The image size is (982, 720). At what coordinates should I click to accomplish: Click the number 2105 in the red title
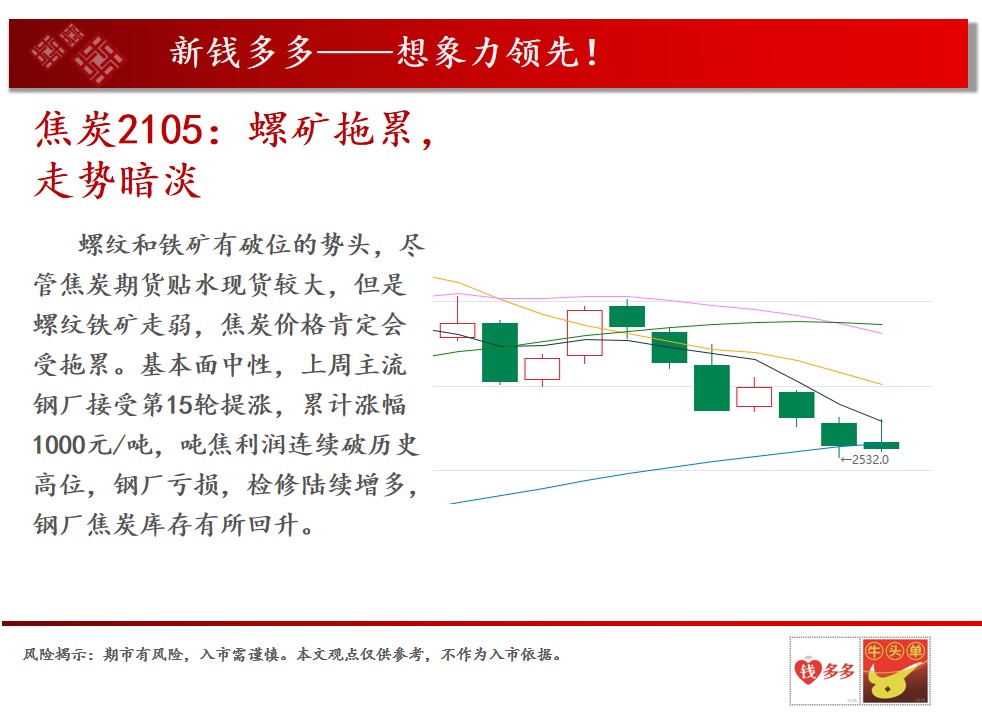[160, 130]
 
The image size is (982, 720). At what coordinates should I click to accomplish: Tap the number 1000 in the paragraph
[58, 445]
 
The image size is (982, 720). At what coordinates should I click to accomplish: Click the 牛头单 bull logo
[896, 671]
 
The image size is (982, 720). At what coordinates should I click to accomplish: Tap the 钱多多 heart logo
[825, 671]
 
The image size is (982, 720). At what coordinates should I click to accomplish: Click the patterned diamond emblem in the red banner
[77, 53]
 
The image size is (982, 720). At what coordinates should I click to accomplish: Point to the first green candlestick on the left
[500, 352]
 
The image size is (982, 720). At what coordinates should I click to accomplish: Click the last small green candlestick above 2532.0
[881, 445]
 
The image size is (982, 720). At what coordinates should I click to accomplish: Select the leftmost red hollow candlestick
[457, 330]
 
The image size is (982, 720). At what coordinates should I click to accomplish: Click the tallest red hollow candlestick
[585, 333]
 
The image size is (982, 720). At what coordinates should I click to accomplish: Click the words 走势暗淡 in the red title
[118, 181]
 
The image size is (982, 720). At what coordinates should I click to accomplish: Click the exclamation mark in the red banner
[591, 53]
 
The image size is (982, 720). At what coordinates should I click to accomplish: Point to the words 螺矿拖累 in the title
[331, 130]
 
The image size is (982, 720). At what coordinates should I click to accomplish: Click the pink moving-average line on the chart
[658, 302]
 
